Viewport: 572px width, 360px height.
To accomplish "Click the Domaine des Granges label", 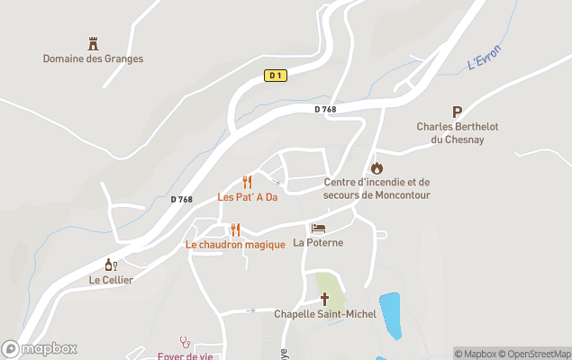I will click(93, 58).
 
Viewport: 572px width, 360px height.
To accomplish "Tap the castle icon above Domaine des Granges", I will click(93, 43).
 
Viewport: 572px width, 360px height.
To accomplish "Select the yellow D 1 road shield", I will click(276, 76).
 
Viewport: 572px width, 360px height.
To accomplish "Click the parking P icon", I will click(457, 112).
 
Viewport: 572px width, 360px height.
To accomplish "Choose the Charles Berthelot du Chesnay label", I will click(457, 132).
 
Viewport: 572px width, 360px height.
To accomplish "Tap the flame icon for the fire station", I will click(377, 167).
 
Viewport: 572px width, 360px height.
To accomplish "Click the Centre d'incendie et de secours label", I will click(377, 188).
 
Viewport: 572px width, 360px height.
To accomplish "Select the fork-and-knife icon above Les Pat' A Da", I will click(247, 182).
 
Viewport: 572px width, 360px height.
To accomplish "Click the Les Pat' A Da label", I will click(247, 197).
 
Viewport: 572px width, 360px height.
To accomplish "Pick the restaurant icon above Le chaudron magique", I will click(235, 229).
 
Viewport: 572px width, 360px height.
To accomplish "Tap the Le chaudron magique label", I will click(235, 245).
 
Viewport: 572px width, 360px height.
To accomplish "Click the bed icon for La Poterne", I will click(318, 229).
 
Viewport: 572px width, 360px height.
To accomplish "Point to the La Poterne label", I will click(318, 243).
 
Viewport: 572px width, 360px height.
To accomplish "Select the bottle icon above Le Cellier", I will click(112, 265).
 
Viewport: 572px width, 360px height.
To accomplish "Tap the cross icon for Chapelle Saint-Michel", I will click(324, 299).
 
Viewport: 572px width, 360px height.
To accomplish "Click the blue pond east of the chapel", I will click(390, 315).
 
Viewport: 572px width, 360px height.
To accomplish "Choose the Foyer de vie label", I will click(186, 355).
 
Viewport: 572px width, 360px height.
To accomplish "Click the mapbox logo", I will click(40, 348).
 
